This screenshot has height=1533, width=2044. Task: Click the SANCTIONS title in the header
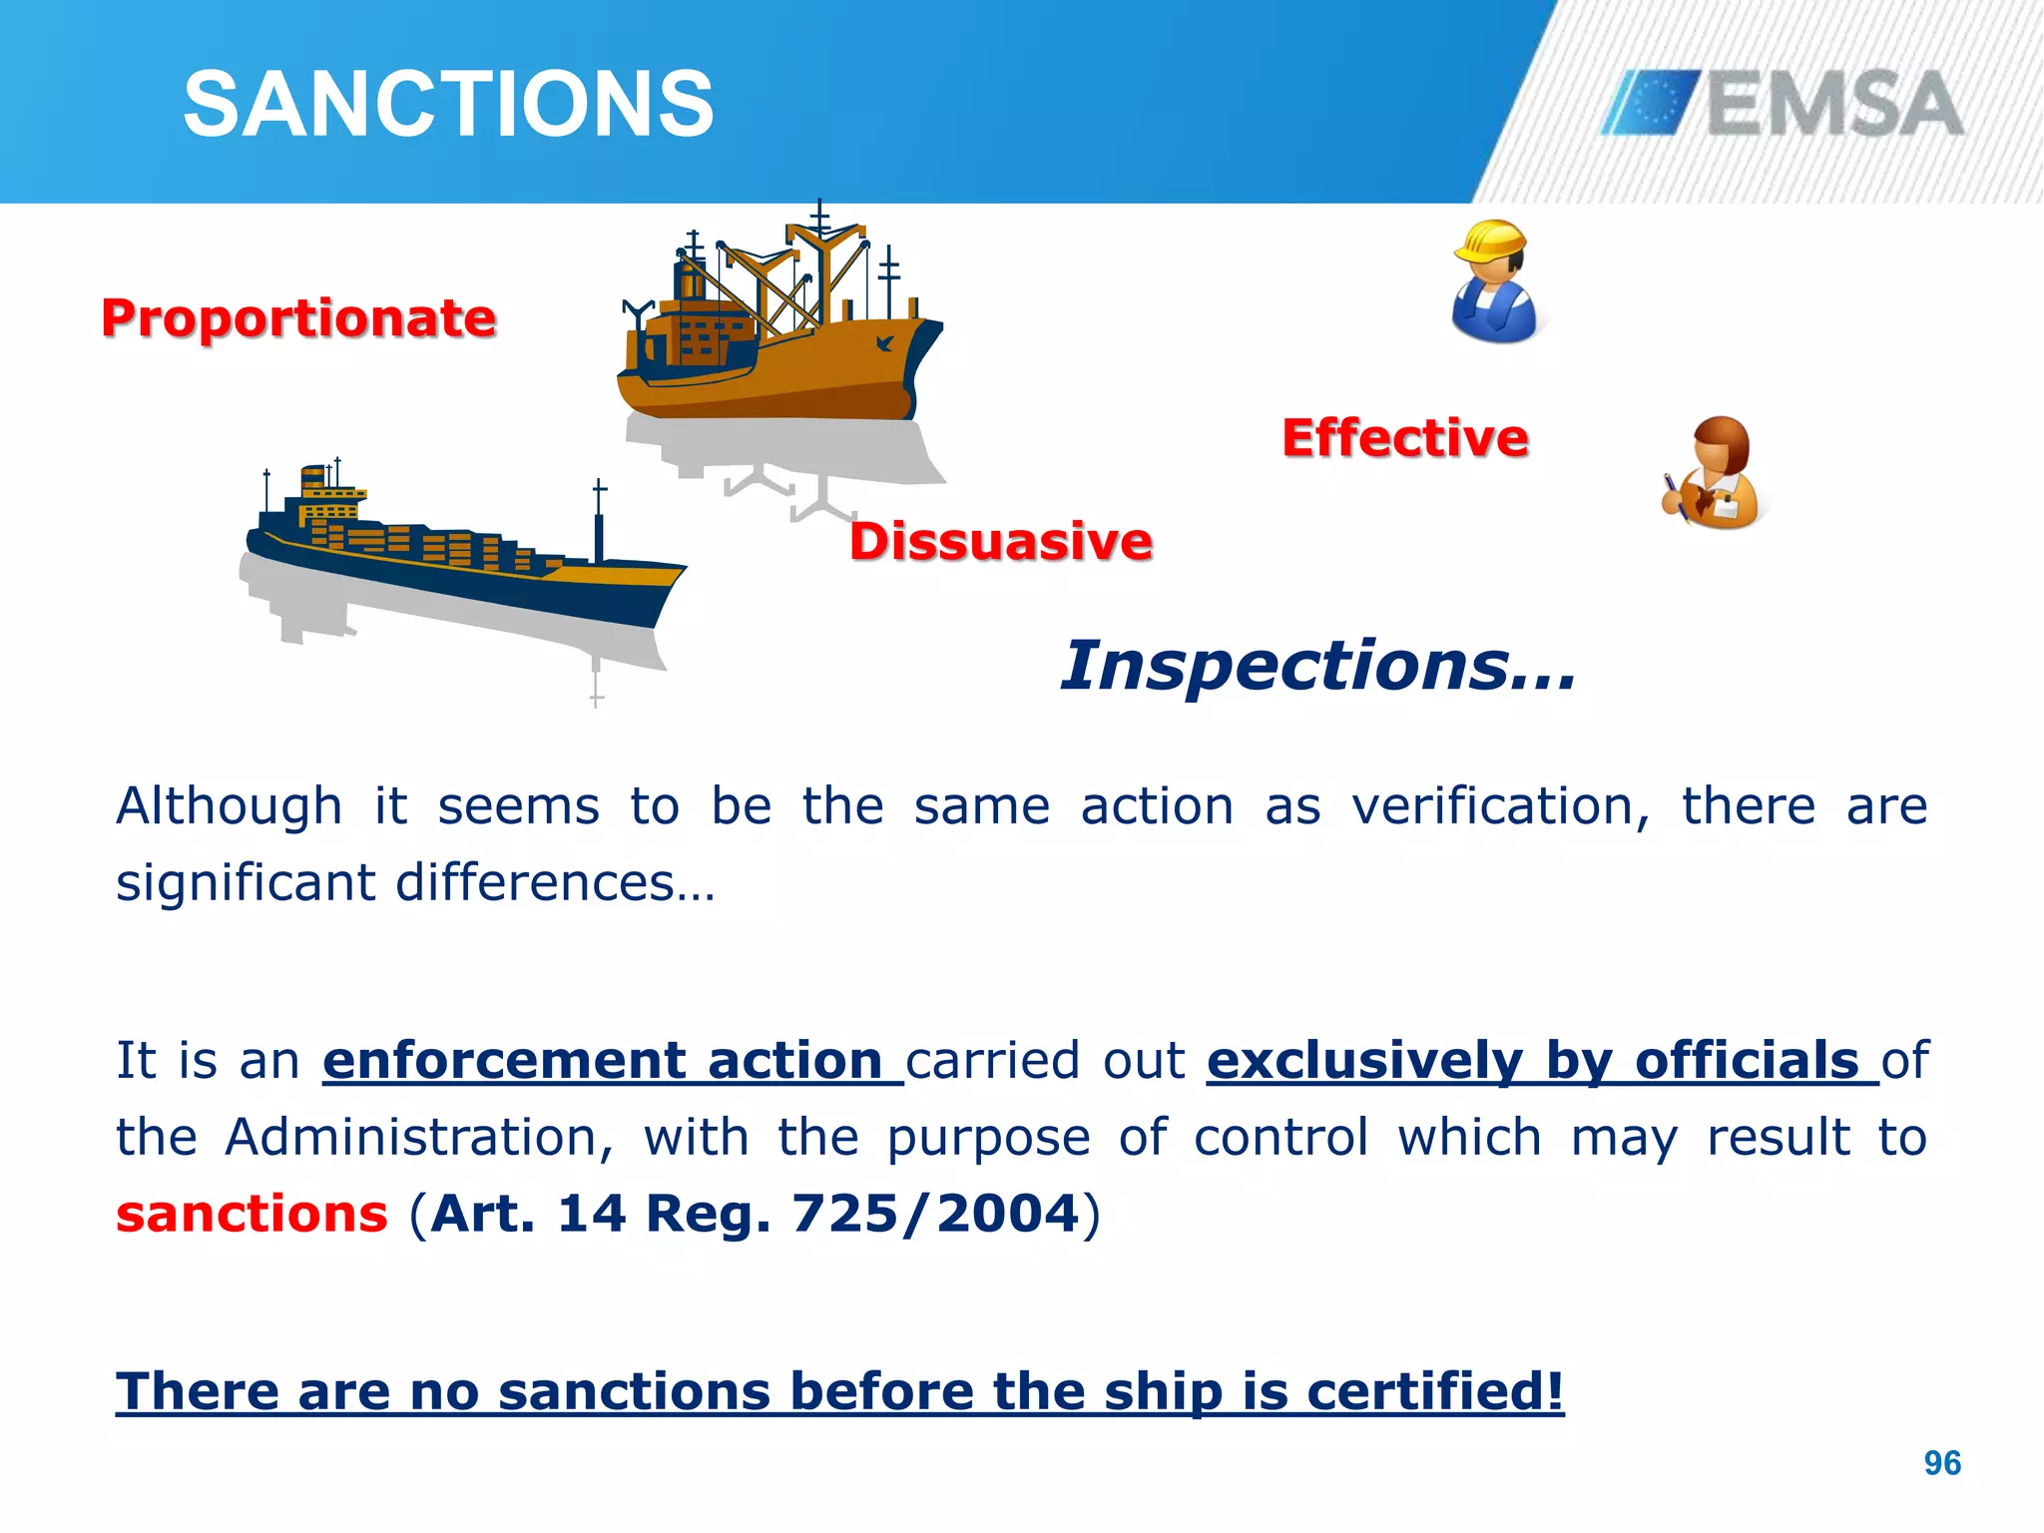tap(448, 104)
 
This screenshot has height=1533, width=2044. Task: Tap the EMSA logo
tap(1783, 103)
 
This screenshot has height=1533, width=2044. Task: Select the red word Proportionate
tap(298, 318)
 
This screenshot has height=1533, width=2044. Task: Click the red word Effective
tap(1404, 438)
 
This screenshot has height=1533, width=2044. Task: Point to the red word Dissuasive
tap(1001, 541)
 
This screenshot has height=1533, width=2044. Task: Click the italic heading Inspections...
tap(1317, 666)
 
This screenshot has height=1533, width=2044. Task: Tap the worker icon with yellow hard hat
tap(1494, 282)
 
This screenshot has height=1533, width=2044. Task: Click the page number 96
tap(1942, 1463)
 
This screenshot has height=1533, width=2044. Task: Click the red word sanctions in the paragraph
tap(252, 1214)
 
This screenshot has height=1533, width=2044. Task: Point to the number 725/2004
tap(935, 1214)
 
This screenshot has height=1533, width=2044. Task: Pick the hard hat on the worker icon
tap(1490, 241)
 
